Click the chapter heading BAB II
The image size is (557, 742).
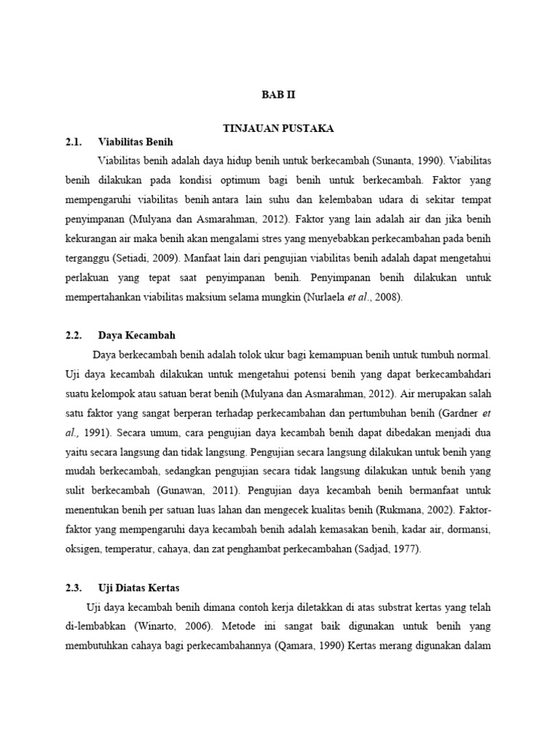[278, 95]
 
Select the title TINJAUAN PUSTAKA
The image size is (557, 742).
[278, 128]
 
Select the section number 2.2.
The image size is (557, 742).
[75, 335]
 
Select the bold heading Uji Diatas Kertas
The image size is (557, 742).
[139, 588]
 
